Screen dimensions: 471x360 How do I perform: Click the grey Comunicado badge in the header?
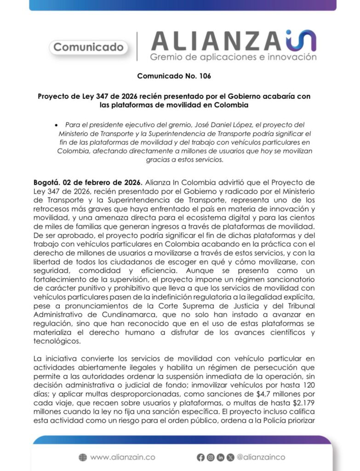tap(88, 47)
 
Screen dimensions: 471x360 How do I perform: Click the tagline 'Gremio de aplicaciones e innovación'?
tap(233, 57)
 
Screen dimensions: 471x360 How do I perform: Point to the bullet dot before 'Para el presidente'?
tap(56, 125)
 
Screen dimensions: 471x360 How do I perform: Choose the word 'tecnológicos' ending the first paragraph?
tap(56, 341)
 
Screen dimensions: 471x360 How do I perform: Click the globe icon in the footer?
tap(83, 457)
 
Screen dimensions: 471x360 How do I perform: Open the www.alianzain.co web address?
tap(122, 457)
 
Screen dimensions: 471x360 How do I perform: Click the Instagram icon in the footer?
tap(210, 457)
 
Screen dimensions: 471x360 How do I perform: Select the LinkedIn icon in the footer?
tap(221, 457)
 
